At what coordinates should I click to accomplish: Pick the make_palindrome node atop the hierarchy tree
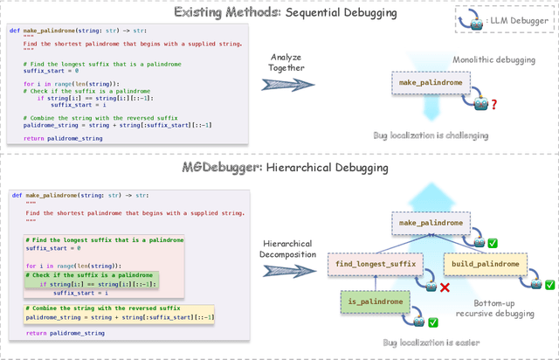431,223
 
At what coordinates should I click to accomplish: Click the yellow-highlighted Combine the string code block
119,313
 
